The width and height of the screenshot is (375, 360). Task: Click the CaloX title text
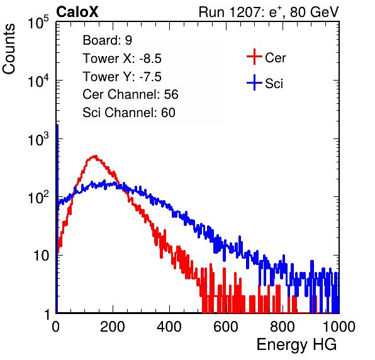pyautogui.click(x=77, y=12)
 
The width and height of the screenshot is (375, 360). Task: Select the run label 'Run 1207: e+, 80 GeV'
pyautogui.click(x=269, y=12)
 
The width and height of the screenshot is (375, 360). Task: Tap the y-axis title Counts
pyautogui.click(x=9, y=49)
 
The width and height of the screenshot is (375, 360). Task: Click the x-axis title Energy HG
pyautogui.click(x=296, y=344)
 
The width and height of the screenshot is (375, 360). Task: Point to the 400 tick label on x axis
pyautogui.click(x=169, y=327)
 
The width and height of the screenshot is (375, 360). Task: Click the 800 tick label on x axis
pyautogui.click(x=283, y=327)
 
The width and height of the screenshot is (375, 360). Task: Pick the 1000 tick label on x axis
pyautogui.click(x=339, y=327)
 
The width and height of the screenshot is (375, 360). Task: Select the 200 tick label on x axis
pyautogui.click(x=113, y=327)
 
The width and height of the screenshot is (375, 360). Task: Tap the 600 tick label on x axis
pyautogui.click(x=226, y=327)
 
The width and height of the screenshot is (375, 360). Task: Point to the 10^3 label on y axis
pyautogui.click(x=38, y=139)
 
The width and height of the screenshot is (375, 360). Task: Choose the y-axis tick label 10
pyautogui.click(x=41, y=256)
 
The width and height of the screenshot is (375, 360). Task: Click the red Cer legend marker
pyautogui.click(x=254, y=57)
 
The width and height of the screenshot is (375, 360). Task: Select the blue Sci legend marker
pyautogui.click(x=254, y=82)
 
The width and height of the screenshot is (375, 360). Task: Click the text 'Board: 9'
pyautogui.click(x=107, y=40)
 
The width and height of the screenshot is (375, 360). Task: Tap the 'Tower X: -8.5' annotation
pyautogui.click(x=122, y=59)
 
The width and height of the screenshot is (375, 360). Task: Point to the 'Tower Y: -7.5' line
pyautogui.click(x=122, y=77)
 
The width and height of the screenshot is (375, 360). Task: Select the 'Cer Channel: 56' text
pyautogui.click(x=130, y=94)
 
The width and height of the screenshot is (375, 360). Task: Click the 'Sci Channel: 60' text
pyautogui.click(x=129, y=113)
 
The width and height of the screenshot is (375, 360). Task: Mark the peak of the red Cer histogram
pyautogui.click(x=96, y=156)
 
